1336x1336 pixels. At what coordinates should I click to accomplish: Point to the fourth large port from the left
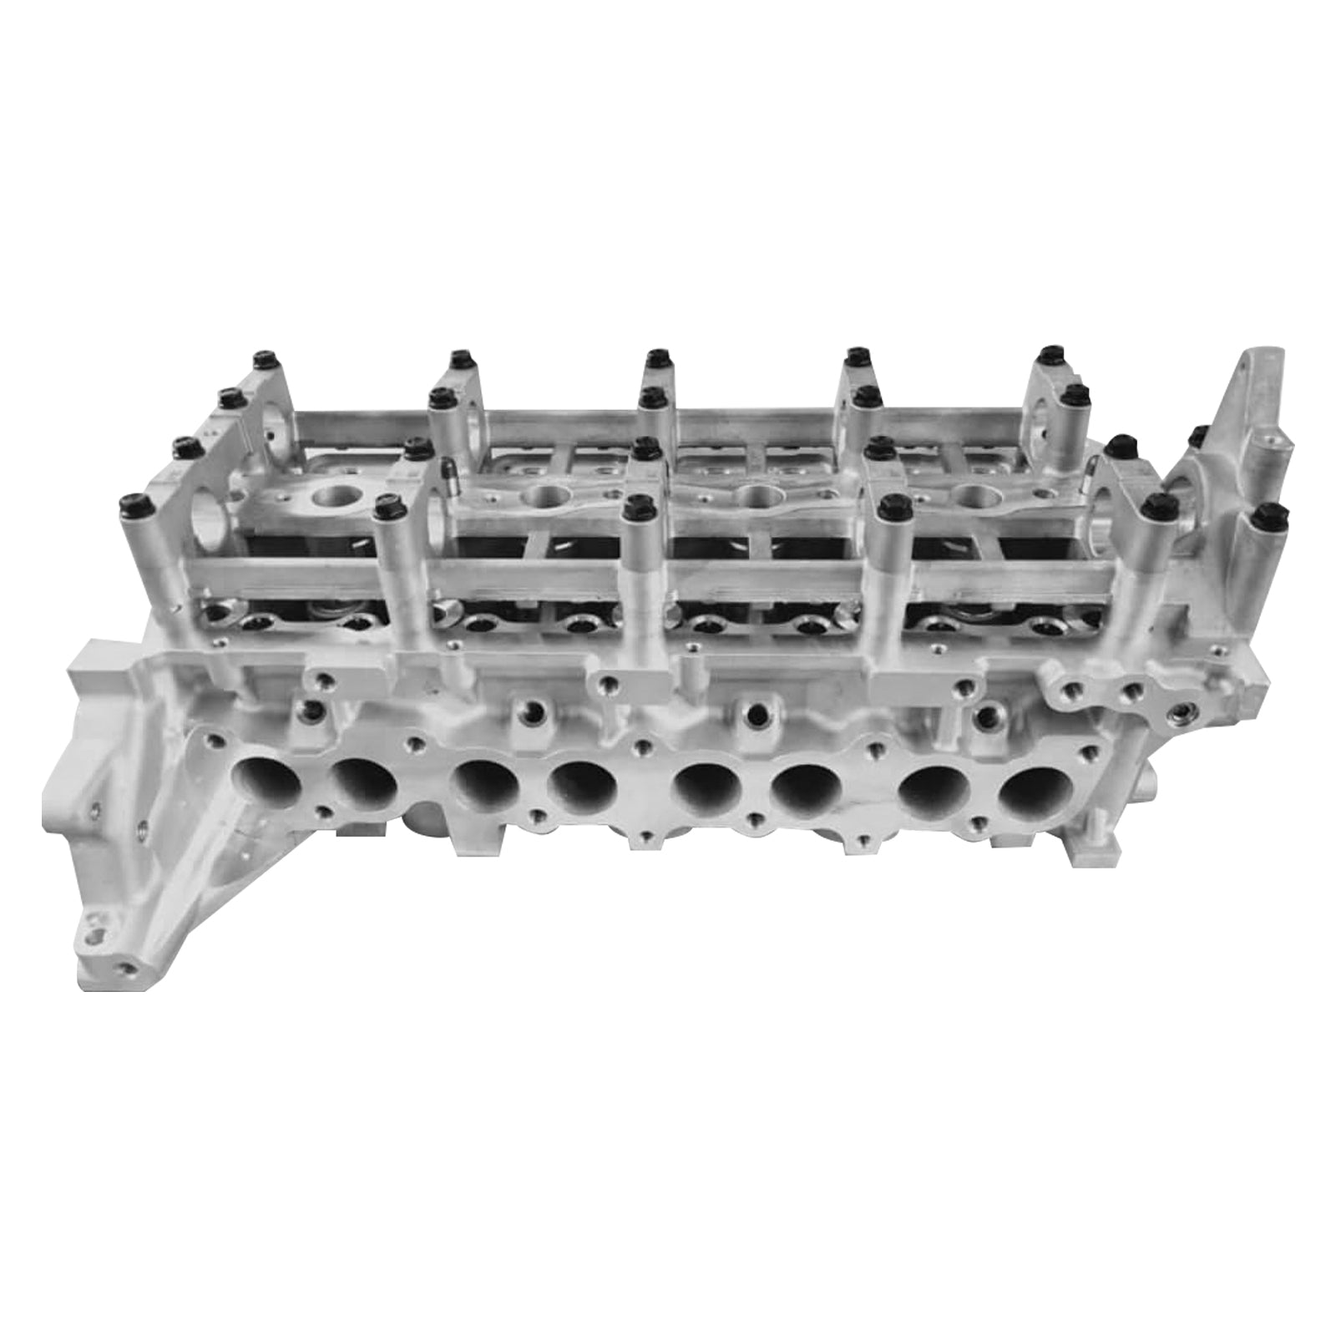[x=582, y=787]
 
